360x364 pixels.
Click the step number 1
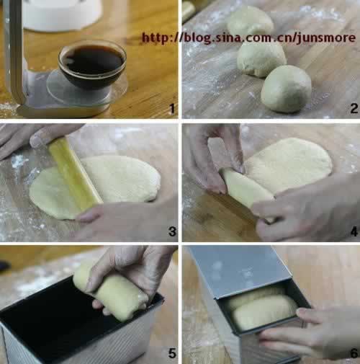172,109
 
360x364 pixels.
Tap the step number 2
354,109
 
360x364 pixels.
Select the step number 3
172,231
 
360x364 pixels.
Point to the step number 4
354,232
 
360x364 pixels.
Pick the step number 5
172,353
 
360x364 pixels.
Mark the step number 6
354,353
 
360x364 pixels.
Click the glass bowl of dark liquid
92,64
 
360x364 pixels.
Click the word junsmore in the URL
326,38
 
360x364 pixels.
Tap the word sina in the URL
227,38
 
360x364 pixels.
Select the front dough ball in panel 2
286,89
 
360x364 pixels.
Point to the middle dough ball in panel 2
261,59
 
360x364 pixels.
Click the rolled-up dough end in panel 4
246,187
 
